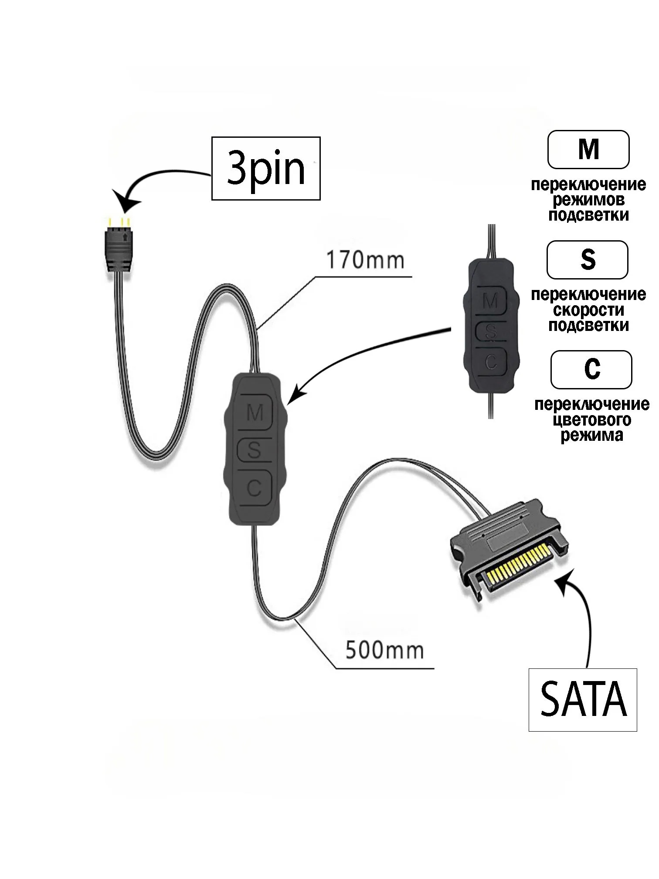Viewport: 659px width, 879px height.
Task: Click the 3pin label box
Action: click(x=266, y=168)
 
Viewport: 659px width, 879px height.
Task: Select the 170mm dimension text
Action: click(x=365, y=260)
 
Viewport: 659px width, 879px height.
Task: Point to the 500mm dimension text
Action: click(x=384, y=650)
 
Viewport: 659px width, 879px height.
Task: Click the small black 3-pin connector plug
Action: click(x=118, y=249)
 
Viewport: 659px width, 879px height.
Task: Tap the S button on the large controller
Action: click(x=254, y=450)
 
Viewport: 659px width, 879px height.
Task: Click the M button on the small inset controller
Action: click(x=491, y=301)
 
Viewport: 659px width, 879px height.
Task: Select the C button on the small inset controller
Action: click(x=491, y=361)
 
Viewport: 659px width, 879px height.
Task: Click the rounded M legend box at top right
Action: click(x=588, y=150)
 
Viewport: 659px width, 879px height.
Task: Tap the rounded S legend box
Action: click(x=587, y=260)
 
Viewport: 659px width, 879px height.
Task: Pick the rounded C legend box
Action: click(x=591, y=370)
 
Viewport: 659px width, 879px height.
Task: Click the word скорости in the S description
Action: click(x=588, y=310)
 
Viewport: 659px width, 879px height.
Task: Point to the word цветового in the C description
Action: click(x=591, y=420)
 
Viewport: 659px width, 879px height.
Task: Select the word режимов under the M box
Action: click(x=588, y=200)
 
